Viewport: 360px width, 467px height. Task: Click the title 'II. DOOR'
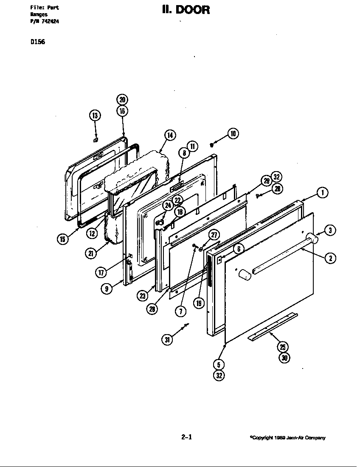(x=186, y=10)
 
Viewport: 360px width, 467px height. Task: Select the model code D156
(x=38, y=42)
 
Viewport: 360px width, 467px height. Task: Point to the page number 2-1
(x=186, y=436)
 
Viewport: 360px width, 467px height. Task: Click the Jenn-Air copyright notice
(x=287, y=438)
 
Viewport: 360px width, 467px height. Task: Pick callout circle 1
(x=322, y=193)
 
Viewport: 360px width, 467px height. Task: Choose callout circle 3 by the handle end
(x=330, y=231)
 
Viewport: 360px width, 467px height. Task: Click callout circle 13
(x=95, y=115)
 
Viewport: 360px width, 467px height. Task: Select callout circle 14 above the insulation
(x=169, y=135)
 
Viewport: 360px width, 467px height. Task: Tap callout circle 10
(x=233, y=134)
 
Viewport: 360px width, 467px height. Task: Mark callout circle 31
(x=168, y=339)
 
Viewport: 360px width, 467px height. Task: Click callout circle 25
(x=283, y=346)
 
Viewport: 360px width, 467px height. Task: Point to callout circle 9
(x=107, y=289)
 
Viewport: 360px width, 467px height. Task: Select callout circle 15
(x=63, y=239)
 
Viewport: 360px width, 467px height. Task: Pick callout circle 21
(x=91, y=253)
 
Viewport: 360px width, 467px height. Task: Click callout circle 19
(x=199, y=303)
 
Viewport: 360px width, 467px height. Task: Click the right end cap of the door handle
(x=315, y=239)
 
